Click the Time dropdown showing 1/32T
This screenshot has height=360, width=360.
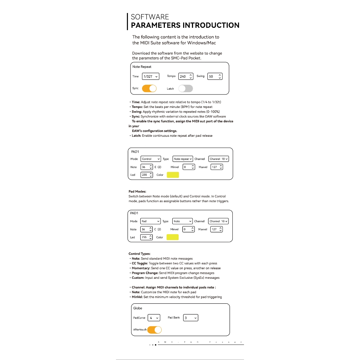[150, 76]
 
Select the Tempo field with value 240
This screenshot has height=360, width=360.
[186, 76]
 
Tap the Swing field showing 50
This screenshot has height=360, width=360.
[214, 76]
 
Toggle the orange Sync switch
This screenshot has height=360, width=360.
[149, 88]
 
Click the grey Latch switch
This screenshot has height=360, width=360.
[185, 89]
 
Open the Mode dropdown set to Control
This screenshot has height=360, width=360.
[150, 159]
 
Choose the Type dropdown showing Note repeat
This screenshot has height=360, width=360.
[183, 159]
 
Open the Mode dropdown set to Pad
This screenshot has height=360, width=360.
[150, 221]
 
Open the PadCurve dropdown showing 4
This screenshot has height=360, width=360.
[154, 318]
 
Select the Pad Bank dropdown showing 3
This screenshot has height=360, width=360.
[191, 318]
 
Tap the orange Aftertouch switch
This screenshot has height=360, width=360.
[154, 330]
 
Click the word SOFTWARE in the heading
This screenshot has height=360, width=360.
[150, 17]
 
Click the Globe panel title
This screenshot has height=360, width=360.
[137, 308]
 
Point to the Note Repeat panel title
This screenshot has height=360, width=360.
[142, 67]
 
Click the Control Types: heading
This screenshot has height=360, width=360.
[140, 253]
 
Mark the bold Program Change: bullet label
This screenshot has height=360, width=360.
[145, 273]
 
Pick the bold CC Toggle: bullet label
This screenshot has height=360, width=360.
[140, 263]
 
